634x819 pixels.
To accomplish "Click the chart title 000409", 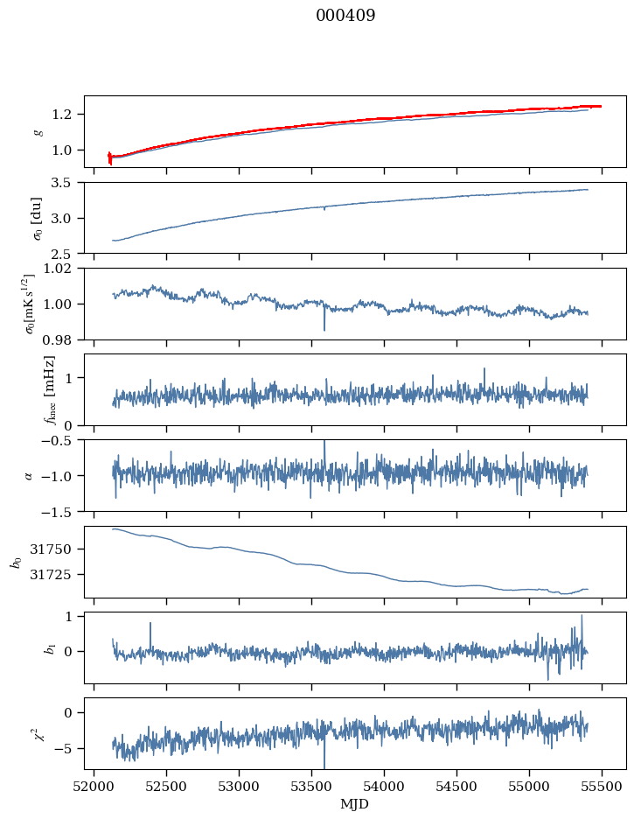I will [x=345, y=16].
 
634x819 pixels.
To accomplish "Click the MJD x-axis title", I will [x=354, y=804].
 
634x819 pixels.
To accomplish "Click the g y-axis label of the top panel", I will [x=37, y=131].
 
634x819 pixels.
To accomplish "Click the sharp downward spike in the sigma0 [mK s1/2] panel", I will [x=324, y=329].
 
